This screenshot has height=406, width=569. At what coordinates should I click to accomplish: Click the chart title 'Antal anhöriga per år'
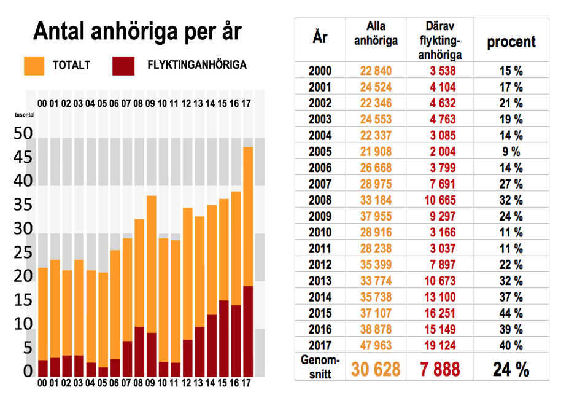(x=137, y=31)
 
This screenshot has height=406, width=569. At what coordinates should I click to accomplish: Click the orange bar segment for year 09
(x=152, y=264)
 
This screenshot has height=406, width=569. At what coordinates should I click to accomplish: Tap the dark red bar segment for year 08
(x=139, y=351)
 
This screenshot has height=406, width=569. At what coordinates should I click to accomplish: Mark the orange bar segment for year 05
(x=103, y=319)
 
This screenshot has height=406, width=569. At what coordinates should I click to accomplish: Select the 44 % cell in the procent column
(x=511, y=313)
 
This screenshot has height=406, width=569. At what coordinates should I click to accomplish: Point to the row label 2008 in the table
(x=320, y=200)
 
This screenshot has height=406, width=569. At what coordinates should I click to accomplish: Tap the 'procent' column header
(x=511, y=42)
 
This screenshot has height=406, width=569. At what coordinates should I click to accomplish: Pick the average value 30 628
(x=375, y=369)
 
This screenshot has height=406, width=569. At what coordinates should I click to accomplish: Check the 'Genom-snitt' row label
(x=320, y=367)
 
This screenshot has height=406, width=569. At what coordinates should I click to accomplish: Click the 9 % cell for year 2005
(x=511, y=151)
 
